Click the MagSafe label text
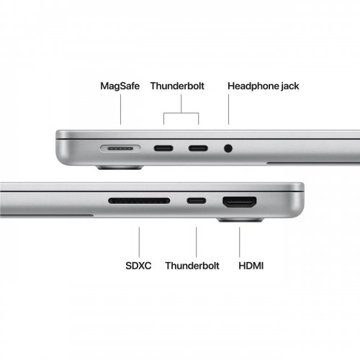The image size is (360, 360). [x=120, y=86]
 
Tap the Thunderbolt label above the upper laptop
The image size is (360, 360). [x=177, y=86]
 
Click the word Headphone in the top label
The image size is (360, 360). [x=252, y=86]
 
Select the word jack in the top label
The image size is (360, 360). [x=289, y=86]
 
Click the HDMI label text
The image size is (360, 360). [x=251, y=266]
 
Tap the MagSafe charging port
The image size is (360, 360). [x=120, y=149]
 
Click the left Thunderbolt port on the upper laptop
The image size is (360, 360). [x=162, y=149]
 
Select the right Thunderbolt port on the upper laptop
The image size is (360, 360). [x=198, y=149]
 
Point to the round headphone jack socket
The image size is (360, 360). [x=228, y=149]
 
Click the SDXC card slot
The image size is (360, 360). [x=138, y=201]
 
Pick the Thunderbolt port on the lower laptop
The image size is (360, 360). [x=194, y=201]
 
